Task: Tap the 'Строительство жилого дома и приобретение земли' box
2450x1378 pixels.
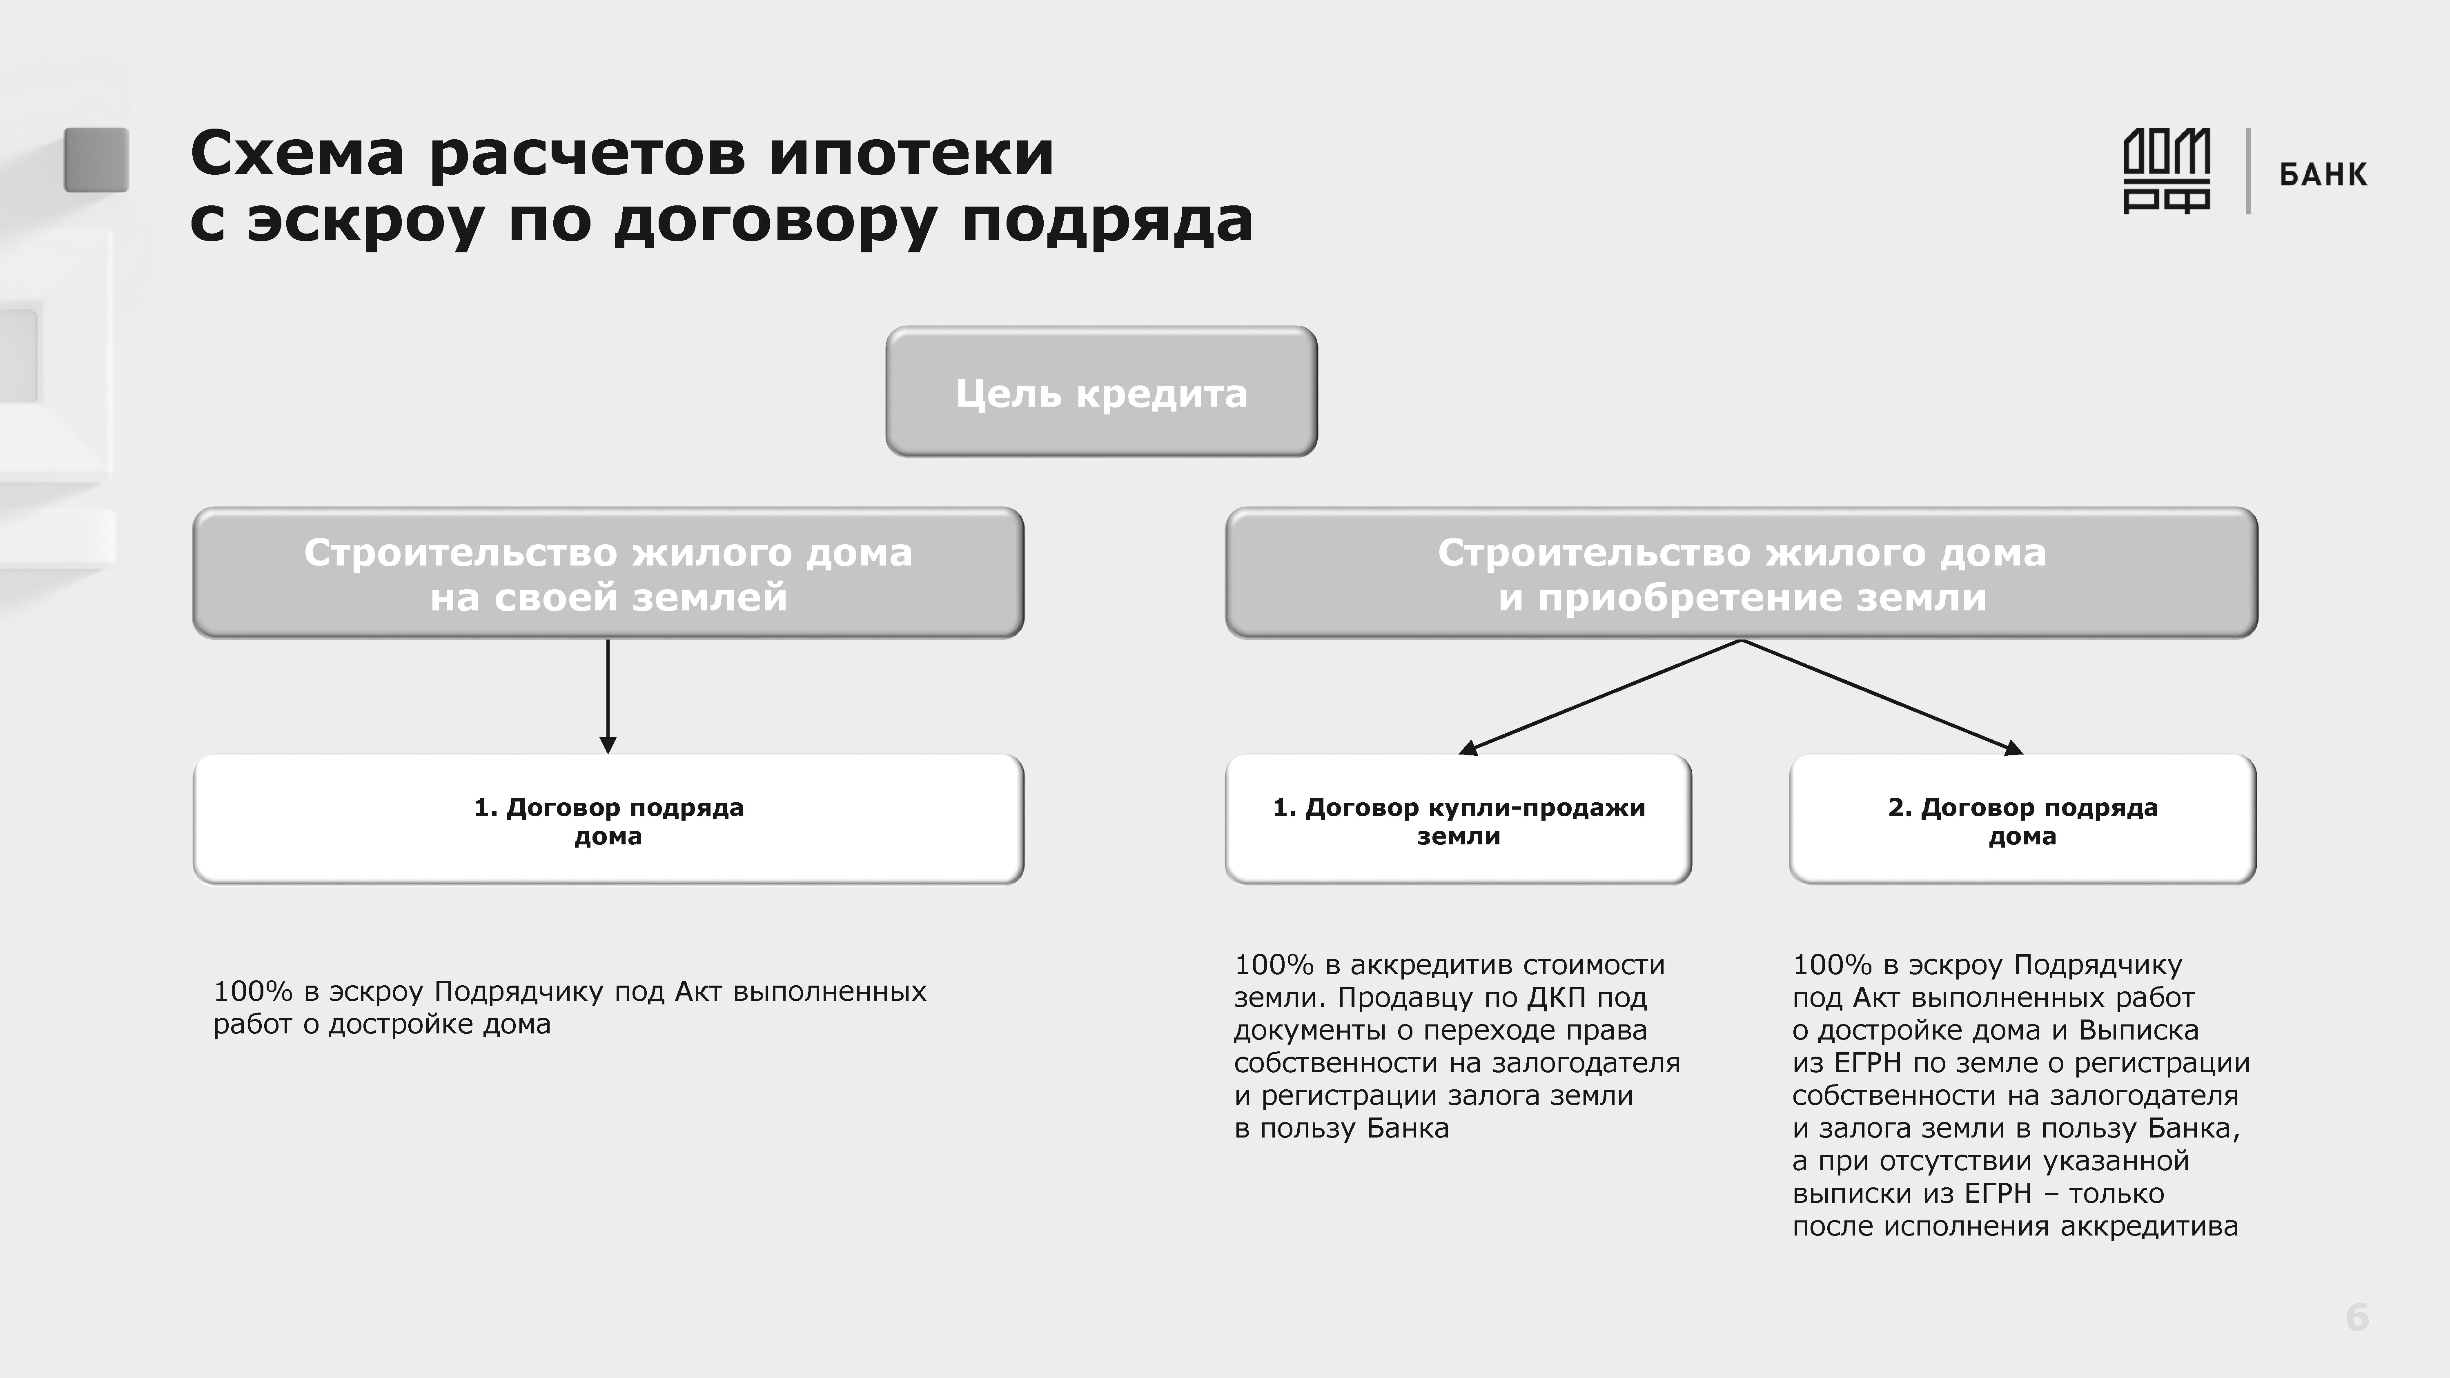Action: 1742,574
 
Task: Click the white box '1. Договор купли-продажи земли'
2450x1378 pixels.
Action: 1458,820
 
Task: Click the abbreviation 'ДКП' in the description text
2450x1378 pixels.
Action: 1556,997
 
